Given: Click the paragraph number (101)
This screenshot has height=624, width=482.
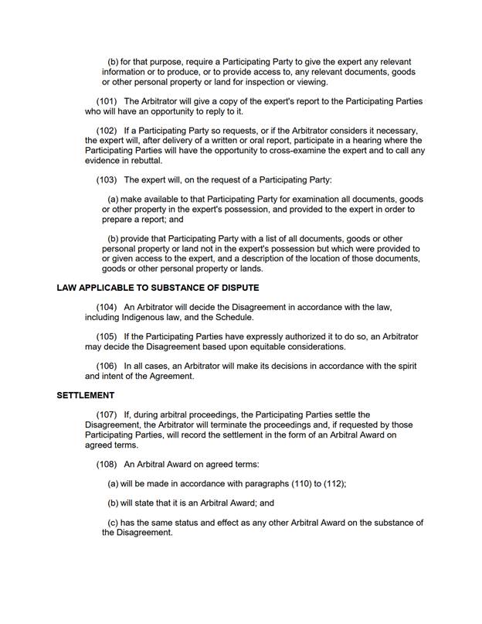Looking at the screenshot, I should tap(107, 101).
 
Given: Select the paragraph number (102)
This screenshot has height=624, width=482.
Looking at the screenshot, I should tap(107, 131).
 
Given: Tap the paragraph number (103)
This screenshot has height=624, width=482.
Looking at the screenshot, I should tap(107, 180).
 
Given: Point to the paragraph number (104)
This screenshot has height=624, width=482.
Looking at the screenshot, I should tap(107, 308).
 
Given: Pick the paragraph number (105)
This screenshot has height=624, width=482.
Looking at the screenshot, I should tap(107, 337).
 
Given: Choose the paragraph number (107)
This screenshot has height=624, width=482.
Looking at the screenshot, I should tap(107, 415).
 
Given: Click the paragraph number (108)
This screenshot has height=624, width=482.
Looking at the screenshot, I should tap(107, 465).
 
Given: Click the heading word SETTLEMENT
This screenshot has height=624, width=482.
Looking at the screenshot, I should tap(86, 396).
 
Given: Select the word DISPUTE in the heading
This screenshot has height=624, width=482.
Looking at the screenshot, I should tap(235, 288).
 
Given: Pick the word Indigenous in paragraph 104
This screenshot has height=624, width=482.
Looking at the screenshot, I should tap(144, 318).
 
